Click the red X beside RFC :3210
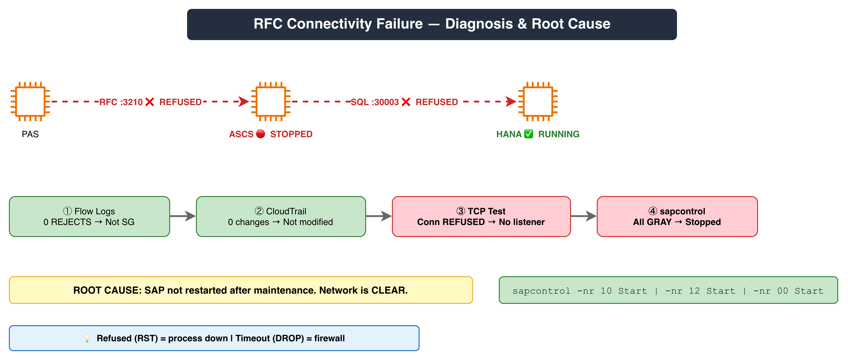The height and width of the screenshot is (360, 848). [149, 102]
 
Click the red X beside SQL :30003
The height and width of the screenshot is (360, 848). [406, 102]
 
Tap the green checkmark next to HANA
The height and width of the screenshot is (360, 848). [528, 134]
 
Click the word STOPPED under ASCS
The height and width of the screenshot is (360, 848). [291, 134]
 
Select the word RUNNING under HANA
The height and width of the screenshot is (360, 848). [559, 134]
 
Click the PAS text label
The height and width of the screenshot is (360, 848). [30, 134]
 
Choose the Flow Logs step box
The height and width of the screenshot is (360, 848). [90, 216]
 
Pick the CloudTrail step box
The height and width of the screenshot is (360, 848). [281, 216]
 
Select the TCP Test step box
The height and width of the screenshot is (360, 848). [481, 216]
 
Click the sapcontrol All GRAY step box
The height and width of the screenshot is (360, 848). [677, 216]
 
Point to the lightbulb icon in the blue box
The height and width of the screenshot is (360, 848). [87, 338]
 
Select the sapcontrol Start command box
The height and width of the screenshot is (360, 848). [668, 290]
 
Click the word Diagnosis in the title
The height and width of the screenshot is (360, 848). [479, 24]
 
